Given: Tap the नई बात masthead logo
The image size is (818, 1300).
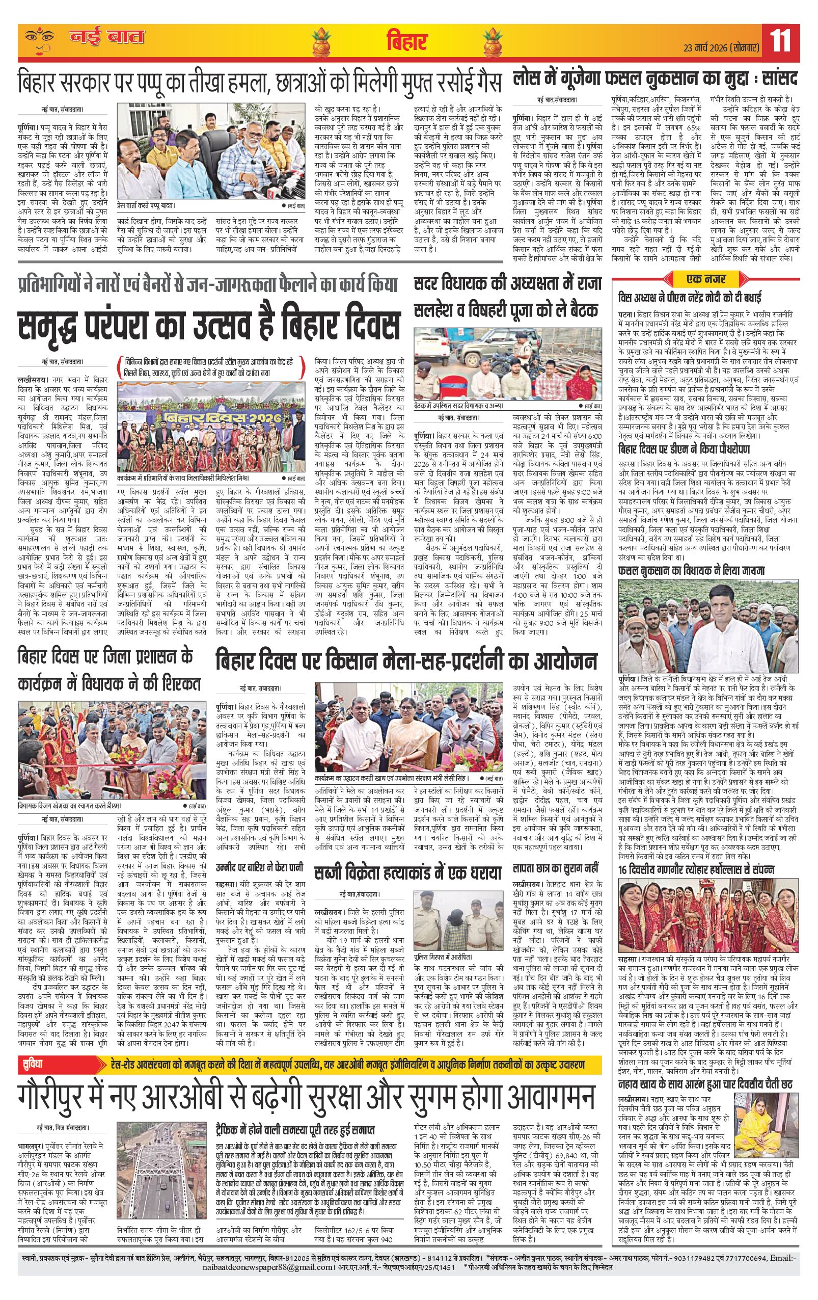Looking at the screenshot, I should [x=106, y=38].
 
